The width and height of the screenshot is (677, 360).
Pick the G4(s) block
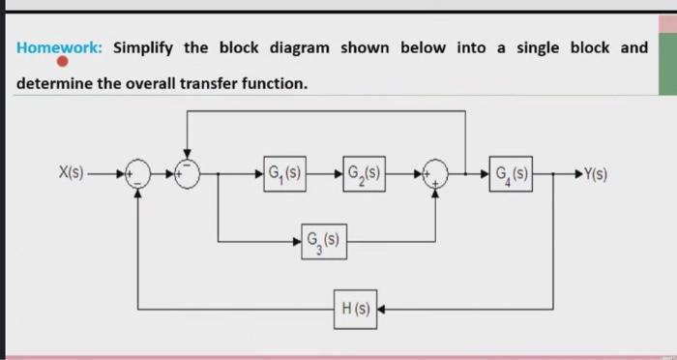tap(512, 175)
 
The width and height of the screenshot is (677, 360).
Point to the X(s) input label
tap(71, 175)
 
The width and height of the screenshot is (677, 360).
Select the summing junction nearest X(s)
tap(140, 175)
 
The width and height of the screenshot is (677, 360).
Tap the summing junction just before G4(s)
tap(435, 175)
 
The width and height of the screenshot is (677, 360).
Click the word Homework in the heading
tap(60, 47)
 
